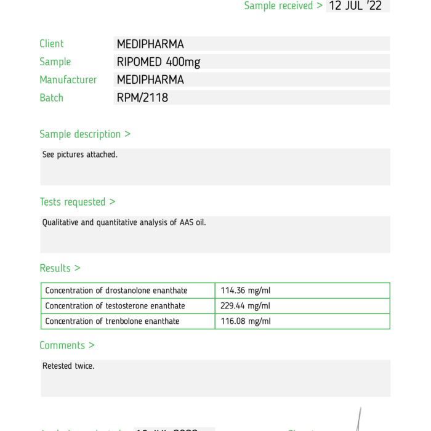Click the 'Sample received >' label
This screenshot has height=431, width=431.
(x=283, y=6)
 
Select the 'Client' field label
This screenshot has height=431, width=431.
(x=52, y=44)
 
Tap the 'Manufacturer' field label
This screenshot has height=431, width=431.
(x=68, y=79)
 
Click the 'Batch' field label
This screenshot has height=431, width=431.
(x=52, y=97)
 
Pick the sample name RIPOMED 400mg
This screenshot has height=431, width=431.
(x=158, y=62)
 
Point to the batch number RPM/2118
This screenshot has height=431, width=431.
(x=142, y=97)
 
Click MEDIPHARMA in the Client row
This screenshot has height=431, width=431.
(x=150, y=44)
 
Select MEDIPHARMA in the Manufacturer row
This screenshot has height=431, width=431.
(x=150, y=79)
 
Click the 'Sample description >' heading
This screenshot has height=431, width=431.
(x=85, y=134)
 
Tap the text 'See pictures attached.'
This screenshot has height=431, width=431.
(x=79, y=155)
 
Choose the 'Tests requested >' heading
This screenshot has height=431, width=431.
(x=78, y=202)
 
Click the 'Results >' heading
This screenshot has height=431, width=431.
(x=60, y=268)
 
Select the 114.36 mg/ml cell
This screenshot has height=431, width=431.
(x=245, y=291)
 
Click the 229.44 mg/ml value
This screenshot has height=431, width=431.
(x=245, y=306)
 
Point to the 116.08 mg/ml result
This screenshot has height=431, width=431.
(x=245, y=321)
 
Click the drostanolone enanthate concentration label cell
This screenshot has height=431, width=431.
(x=116, y=291)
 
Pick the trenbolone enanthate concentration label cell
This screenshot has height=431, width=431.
(x=112, y=321)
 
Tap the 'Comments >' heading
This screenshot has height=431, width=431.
(x=67, y=345)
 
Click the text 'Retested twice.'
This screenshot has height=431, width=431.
(x=68, y=366)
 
